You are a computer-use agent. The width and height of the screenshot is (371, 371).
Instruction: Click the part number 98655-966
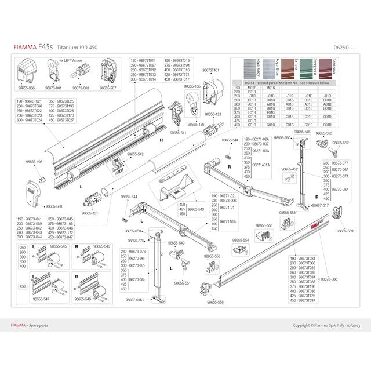click(x=27, y=88)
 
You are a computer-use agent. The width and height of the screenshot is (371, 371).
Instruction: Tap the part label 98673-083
click(x=81, y=88)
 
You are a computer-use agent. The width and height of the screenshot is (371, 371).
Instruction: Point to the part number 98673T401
click(x=210, y=70)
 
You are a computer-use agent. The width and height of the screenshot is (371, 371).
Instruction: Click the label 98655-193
click(x=34, y=163)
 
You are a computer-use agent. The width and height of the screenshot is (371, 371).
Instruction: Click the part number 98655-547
click(x=41, y=299)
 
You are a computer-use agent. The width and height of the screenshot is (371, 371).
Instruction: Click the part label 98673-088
click(x=329, y=279)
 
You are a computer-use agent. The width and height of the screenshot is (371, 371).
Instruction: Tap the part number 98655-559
click(x=345, y=231)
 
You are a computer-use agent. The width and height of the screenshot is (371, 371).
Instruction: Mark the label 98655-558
click(x=216, y=301)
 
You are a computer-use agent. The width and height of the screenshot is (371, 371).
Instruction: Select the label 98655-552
click(x=341, y=143)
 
